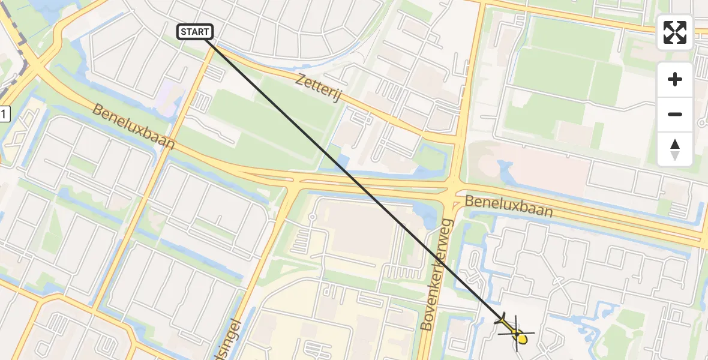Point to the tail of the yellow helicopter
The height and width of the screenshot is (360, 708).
[502, 320]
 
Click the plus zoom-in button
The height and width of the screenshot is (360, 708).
[675, 79]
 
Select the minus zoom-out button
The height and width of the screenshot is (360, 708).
[675, 114]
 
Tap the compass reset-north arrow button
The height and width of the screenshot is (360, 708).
[675, 149]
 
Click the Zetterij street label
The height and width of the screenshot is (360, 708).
[318, 87]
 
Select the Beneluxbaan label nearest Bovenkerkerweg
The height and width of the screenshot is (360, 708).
[509, 206]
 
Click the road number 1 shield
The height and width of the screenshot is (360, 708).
[5, 113]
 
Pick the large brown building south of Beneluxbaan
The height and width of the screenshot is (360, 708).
[360, 231]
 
